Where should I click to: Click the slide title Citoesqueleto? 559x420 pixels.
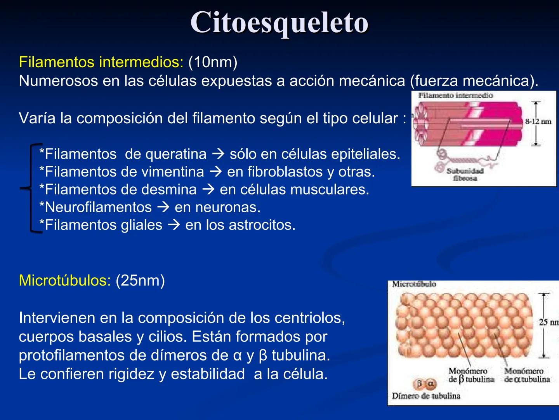(279, 23)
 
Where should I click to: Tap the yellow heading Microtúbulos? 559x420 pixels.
(64, 280)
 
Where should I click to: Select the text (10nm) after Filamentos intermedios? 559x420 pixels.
(213, 62)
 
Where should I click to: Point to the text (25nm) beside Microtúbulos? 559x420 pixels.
(140, 280)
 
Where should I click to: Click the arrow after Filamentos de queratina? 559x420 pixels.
(218, 154)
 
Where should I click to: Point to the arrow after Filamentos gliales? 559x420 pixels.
(174, 225)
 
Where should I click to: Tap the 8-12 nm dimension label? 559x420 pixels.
(538, 122)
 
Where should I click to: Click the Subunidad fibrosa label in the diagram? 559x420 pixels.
(465, 175)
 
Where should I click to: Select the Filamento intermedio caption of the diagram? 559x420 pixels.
(455, 96)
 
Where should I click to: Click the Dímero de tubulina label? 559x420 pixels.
(426, 396)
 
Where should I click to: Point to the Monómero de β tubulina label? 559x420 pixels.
(471, 375)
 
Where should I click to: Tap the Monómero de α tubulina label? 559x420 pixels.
(527, 375)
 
